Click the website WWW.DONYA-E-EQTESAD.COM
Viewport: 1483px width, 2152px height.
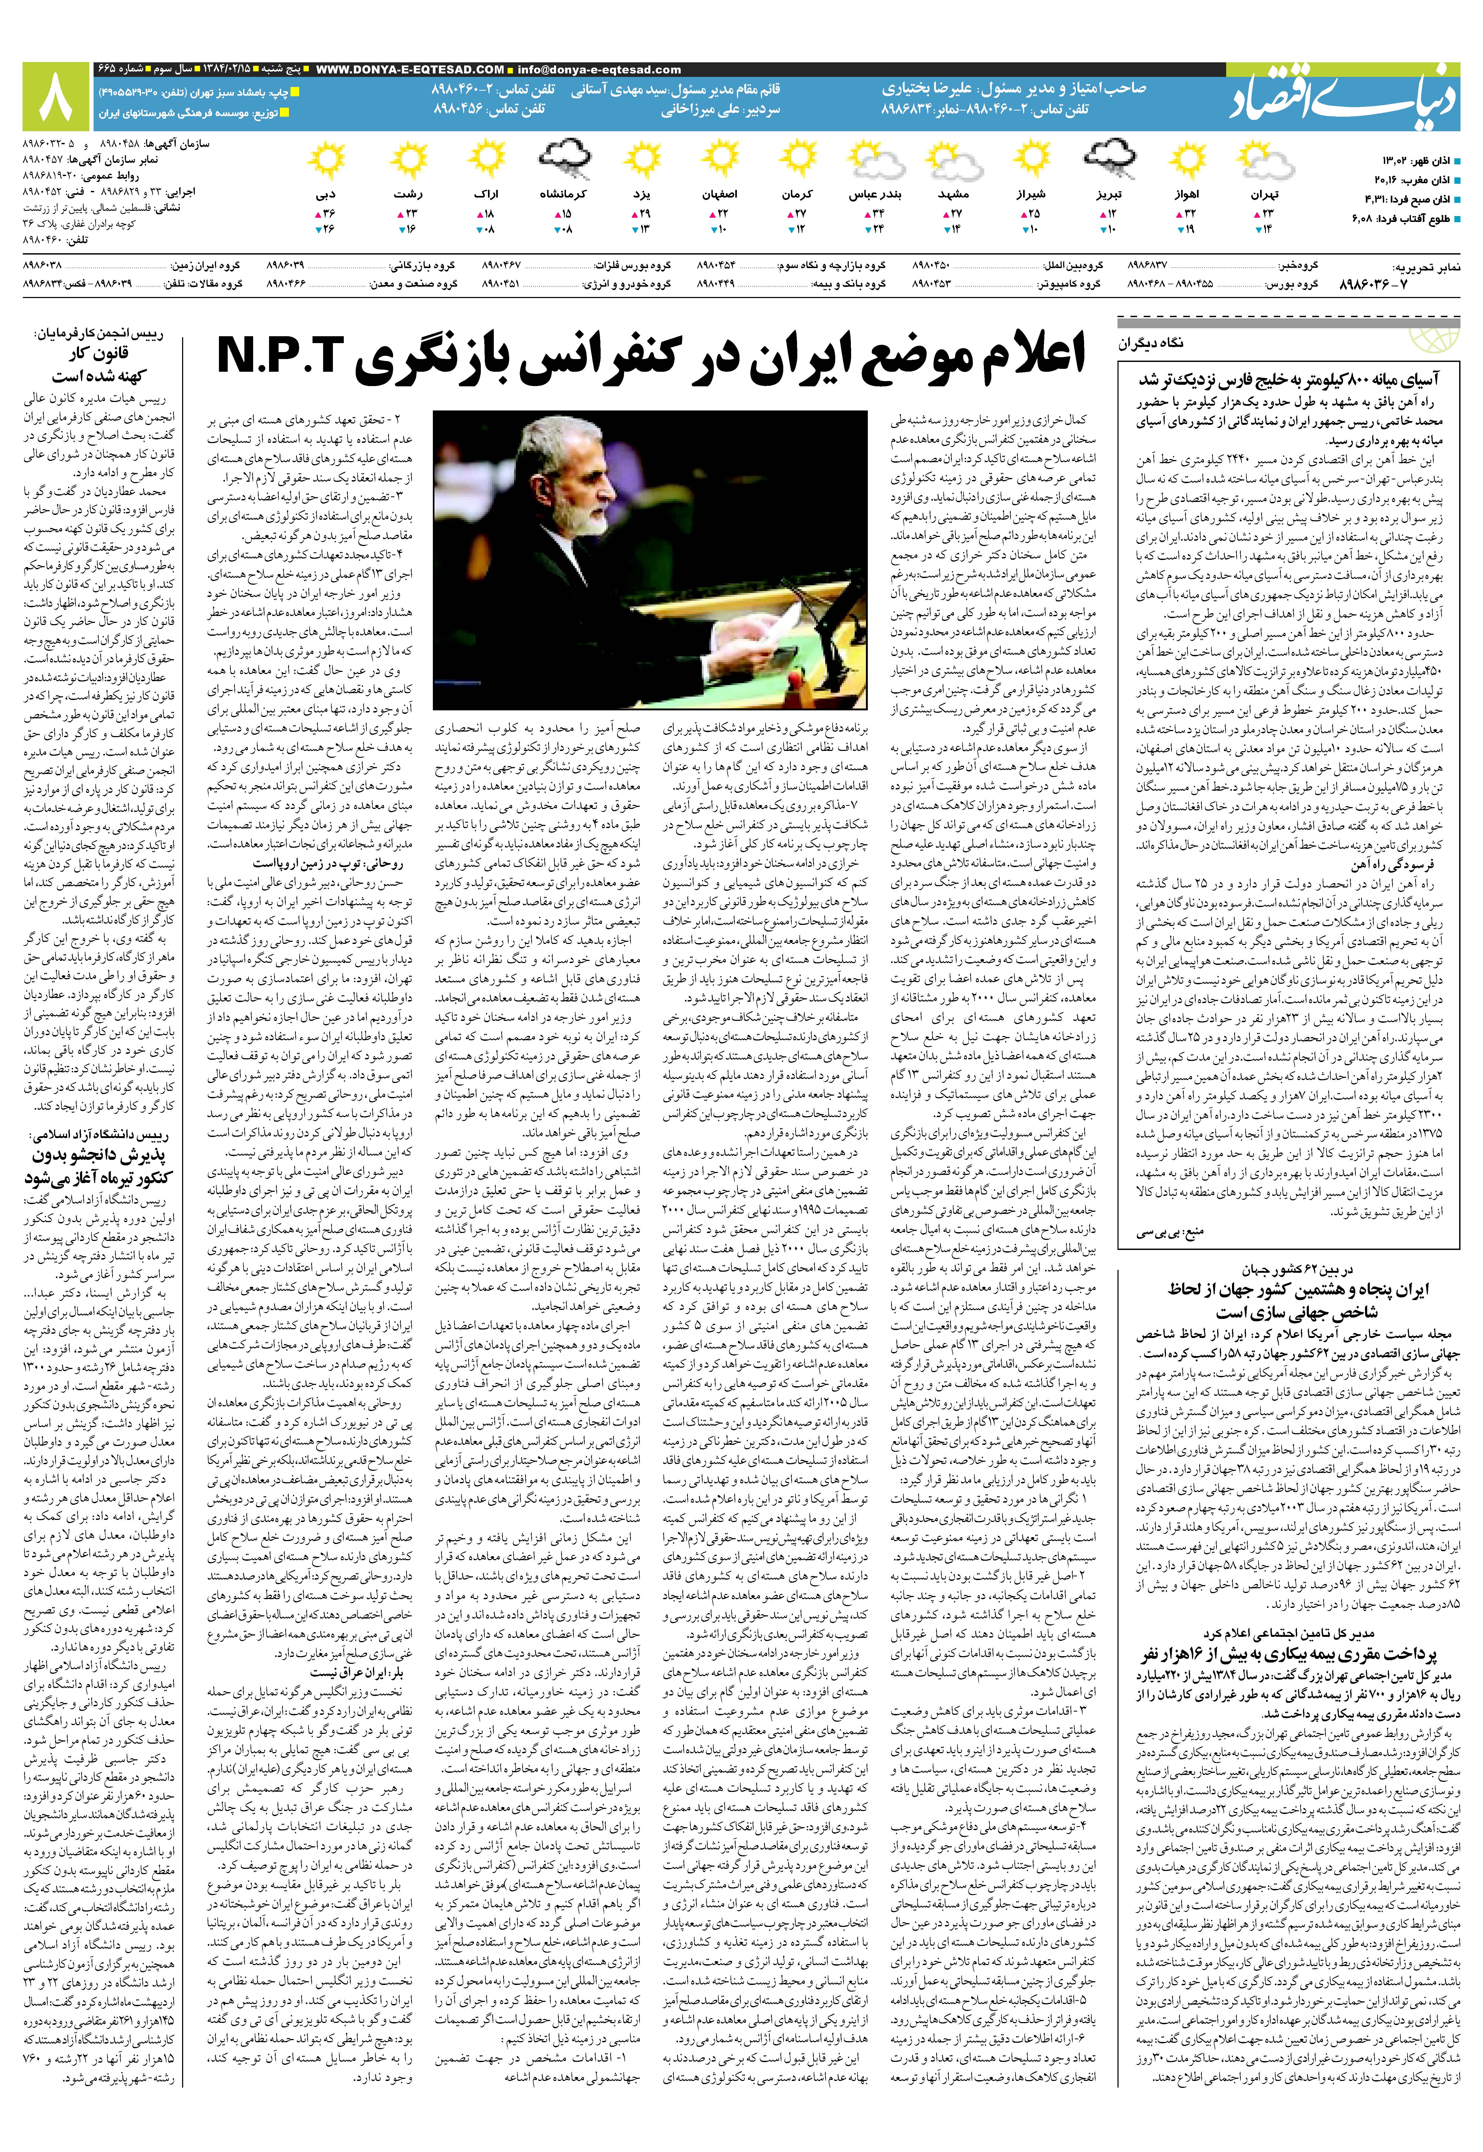[410, 70]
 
